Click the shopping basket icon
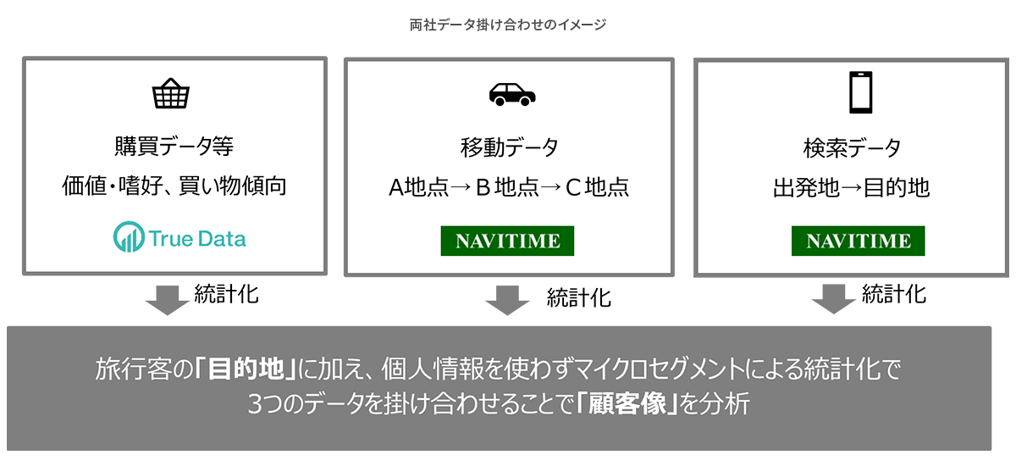170,95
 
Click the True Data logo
179,238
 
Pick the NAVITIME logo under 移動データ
507,241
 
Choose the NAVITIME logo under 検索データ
859,241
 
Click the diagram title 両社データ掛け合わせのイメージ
507,25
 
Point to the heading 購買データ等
174,147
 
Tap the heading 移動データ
509,147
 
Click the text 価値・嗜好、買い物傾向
174,186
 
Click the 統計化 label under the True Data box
226,294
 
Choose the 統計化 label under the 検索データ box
894,294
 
